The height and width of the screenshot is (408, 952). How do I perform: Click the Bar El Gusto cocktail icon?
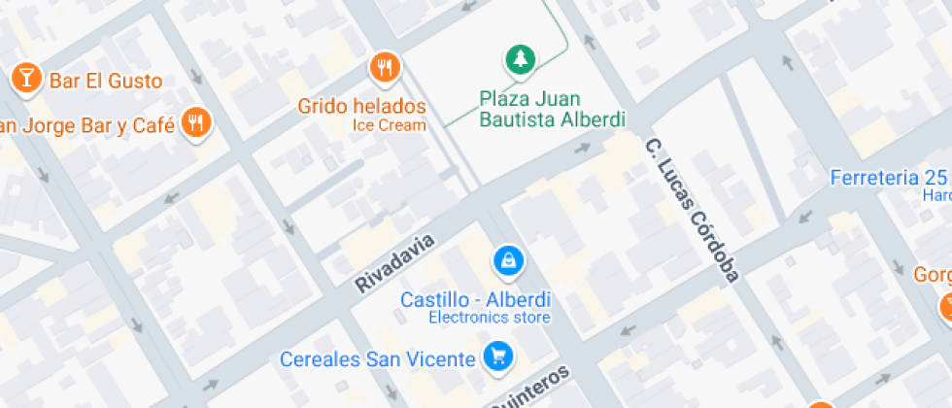tap(25, 78)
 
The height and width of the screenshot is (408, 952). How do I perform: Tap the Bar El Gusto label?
tap(105, 81)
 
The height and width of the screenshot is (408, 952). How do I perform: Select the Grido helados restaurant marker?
tap(386, 68)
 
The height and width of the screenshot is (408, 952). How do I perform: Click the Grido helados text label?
tap(361, 106)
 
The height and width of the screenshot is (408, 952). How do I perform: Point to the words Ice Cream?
tap(389, 125)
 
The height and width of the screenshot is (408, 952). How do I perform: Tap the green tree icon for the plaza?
tap(521, 60)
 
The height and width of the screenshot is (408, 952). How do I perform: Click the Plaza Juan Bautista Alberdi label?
tap(552, 109)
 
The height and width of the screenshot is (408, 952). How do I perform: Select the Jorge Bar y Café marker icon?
tap(198, 123)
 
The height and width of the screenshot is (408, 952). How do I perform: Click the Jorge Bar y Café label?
tap(87, 126)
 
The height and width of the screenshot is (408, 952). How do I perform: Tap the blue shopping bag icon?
tap(507, 259)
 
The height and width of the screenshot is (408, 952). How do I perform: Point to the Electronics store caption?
tap(490, 318)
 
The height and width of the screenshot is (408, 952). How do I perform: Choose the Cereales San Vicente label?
tap(378, 358)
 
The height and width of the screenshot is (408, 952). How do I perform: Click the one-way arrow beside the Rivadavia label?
tap(583, 148)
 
